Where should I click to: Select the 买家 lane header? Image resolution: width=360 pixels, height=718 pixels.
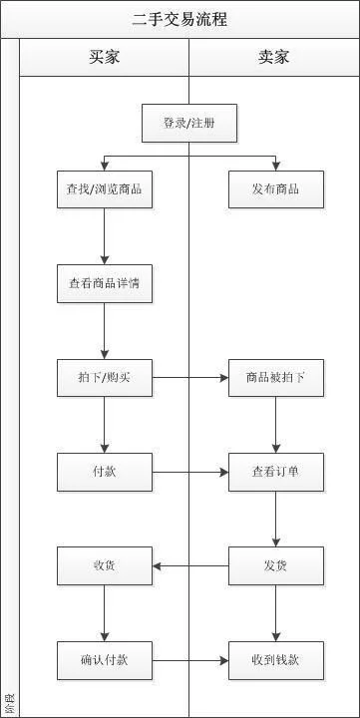(104, 57)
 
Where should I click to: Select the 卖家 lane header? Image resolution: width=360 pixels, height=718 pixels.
(274, 57)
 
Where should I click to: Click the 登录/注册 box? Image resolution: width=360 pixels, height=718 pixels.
(189, 124)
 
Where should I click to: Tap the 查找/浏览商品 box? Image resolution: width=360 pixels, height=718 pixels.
(104, 189)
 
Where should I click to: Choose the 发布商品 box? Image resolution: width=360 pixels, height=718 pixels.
(276, 189)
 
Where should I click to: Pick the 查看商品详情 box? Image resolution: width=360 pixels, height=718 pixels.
(104, 283)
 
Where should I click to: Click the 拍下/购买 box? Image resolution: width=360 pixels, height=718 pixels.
(104, 378)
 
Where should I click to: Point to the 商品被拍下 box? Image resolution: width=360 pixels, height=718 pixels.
(276, 378)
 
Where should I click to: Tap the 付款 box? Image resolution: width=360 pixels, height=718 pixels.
(104, 472)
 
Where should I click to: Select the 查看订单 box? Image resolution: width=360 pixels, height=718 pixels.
(276, 472)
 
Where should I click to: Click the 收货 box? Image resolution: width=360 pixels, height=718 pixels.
(104, 565)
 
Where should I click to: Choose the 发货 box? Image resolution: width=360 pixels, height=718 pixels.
(276, 565)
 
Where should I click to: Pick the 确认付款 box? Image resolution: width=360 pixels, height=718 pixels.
(104, 659)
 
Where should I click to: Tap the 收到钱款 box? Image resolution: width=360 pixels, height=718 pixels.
(276, 659)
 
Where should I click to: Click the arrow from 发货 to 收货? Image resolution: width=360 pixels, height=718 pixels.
(189, 565)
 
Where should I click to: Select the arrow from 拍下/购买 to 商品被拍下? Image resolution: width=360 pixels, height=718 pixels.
(189, 378)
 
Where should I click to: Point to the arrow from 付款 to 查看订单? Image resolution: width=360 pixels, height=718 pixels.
(189, 472)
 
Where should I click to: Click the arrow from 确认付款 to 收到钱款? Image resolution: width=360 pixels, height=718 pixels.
(189, 659)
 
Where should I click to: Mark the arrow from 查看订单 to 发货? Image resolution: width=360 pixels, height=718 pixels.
(276, 519)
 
